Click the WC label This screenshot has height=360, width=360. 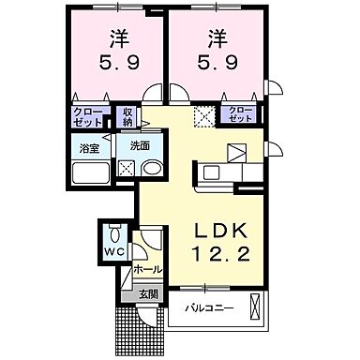tap(114, 254)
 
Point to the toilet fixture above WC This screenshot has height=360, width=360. tap(114, 233)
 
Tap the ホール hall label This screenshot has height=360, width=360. tap(147, 269)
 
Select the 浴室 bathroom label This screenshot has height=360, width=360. tap(89, 147)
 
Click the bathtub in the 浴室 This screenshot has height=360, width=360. tap(91, 172)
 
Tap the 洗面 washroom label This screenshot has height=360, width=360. tap(140, 146)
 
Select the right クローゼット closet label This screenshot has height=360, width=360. tap(241, 116)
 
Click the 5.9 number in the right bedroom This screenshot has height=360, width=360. tap(216, 67)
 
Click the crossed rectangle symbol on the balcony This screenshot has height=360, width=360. tap(255, 306)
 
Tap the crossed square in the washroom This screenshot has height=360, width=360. tap(126, 169)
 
